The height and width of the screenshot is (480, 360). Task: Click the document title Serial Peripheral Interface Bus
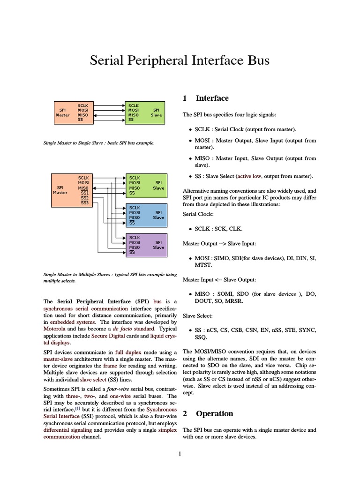click(180, 61)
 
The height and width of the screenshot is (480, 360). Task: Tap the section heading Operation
click(214, 414)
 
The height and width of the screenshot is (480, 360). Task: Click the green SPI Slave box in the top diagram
click(145, 112)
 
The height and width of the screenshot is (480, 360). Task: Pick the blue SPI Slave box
click(145, 215)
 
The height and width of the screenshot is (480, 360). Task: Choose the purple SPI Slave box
click(145, 244)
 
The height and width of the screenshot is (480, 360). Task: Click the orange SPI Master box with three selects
click(70, 190)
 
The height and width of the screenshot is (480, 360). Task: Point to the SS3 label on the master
click(85, 203)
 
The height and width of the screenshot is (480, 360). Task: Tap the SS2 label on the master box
click(85, 198)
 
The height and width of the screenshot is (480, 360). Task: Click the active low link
click(250, 176)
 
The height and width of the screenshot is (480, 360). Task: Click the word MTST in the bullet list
click(203, 265)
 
